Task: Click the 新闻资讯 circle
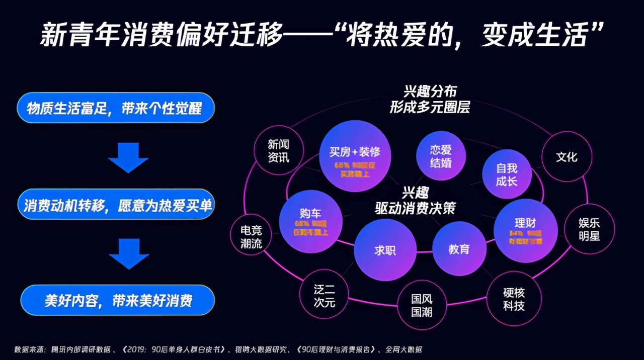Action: [x=278, y=151]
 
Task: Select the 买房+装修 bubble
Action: [x=355, y=156]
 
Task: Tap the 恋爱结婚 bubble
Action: [x=441, y=156]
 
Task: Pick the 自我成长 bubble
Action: [x=506, y=174]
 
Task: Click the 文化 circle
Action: [x=566, y=157]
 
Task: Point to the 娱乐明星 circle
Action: [x=589, y=230]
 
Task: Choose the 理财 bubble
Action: [x=525, y=230]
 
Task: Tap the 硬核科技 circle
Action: [x=513, y=299]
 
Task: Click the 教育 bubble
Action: [x=459, y=248]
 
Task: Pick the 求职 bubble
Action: [x=385, y=250]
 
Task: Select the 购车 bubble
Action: [x=310, y=221]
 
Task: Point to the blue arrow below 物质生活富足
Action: [x=128, y=157]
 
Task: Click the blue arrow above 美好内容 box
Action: [x=129, y=253]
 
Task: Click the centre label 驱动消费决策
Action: [x=415, y=208]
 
